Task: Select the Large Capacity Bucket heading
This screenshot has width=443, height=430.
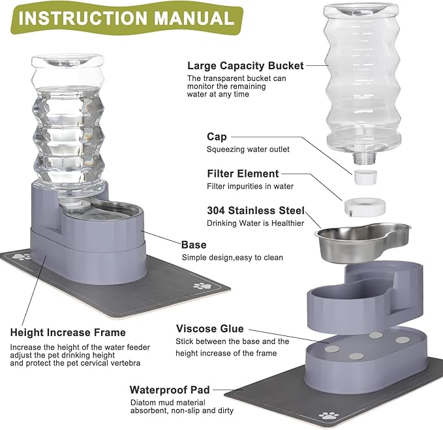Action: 245,65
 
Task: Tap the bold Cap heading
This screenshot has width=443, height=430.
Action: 217,136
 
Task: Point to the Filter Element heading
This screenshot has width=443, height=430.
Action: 243,174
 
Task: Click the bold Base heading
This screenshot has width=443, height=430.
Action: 194,245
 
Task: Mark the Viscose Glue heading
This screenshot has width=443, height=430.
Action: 209,329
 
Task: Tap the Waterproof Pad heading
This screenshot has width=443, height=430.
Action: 170,390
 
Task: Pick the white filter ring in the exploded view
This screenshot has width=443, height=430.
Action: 365,206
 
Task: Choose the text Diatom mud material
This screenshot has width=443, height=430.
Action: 168,403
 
